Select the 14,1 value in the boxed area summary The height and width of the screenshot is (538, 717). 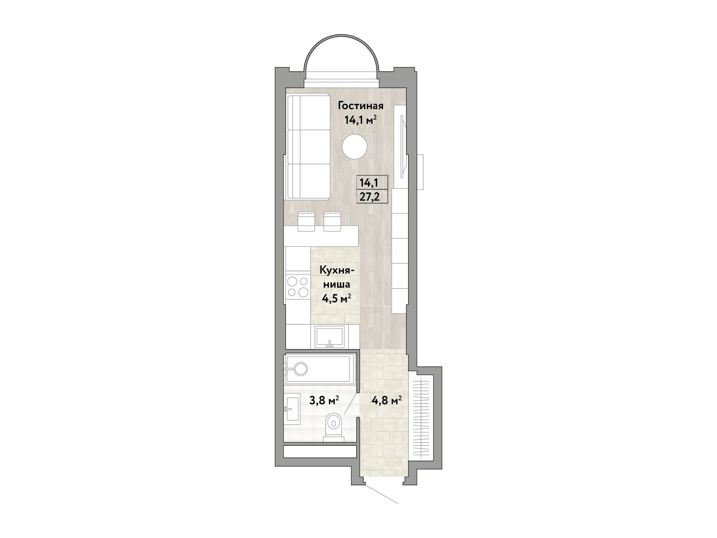click(369, 183)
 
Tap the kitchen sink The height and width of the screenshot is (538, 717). click(330, 341)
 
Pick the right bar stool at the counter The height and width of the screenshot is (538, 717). click(332, 221)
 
